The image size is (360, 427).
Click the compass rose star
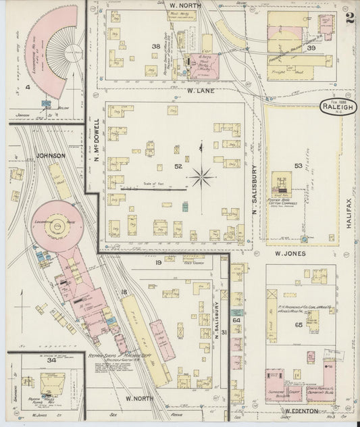[201, 178]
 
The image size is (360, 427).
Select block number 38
[156, 47]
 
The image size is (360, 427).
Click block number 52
[178, 166]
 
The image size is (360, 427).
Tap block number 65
[299, 324]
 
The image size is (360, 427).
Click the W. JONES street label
[291, 254]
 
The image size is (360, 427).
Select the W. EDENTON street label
[301, 410]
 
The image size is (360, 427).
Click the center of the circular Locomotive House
[57, 224]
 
